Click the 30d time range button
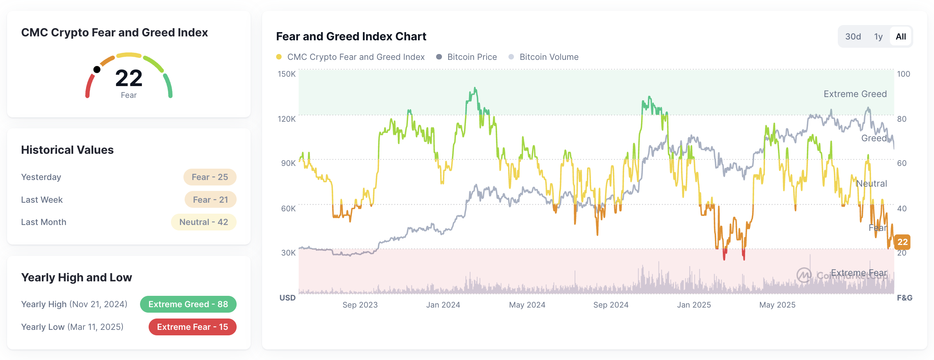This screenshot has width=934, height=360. pos(853,37)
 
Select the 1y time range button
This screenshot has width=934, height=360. pos(878,37)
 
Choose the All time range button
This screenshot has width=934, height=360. pos(901,37)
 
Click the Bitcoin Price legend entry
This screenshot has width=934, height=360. pos(467,57)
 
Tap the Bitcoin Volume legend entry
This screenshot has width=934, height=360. pos(544,57)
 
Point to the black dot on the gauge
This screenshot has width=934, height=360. pos(97,70)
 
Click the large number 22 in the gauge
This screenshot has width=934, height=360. pos(129,78)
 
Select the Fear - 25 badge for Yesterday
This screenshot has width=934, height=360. pos(210,177)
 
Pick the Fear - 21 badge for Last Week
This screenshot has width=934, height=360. pos(210,200)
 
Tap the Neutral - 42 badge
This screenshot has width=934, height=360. pos(203,222)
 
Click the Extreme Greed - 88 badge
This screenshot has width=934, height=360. pos(188,304)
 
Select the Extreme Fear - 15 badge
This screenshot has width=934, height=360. pos(192,327)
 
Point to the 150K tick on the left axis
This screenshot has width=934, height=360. pos(286,74)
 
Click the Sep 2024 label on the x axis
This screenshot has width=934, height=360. pos(611,305)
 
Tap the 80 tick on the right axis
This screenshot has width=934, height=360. pos(902,119)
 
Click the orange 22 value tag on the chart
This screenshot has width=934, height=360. pos(902,242)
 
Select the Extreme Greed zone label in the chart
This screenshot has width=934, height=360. pos(855,94)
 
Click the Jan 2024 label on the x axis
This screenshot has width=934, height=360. pos(443,305)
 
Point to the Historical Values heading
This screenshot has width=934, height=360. pos(67,150)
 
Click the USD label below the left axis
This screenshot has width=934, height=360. pos(287,298)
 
